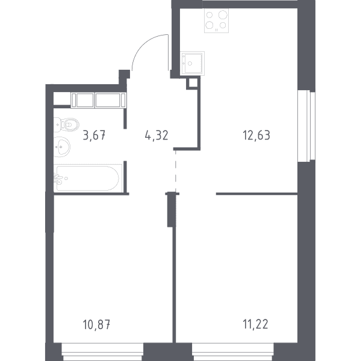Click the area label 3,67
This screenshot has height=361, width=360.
coord(94,135)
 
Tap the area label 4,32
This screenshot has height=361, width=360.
coord(157,135)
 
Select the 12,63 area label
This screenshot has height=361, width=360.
coord(256,135)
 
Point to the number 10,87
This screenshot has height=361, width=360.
coord(96,324)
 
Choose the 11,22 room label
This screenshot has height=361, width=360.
coord(255,324)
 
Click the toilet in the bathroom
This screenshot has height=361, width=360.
coord(66,125)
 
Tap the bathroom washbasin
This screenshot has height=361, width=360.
coord(62,147)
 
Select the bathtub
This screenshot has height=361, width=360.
coord(88,178)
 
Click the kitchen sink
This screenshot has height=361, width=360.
coord(192,63)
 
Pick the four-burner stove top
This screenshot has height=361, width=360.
coord(216,20)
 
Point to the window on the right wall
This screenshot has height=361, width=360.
coord(306,126)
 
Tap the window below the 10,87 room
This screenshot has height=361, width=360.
coord(102,352)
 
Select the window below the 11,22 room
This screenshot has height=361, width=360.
coord(233,352)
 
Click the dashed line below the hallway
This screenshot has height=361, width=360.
coord(176,171)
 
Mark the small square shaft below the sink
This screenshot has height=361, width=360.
coord(193,83)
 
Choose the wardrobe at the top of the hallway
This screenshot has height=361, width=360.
coord(98,100)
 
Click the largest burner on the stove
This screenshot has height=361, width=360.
coord(223,15)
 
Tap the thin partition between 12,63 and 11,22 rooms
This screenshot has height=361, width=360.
coord(257,194)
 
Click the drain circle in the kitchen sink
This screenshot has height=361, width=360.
coord(190,63)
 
